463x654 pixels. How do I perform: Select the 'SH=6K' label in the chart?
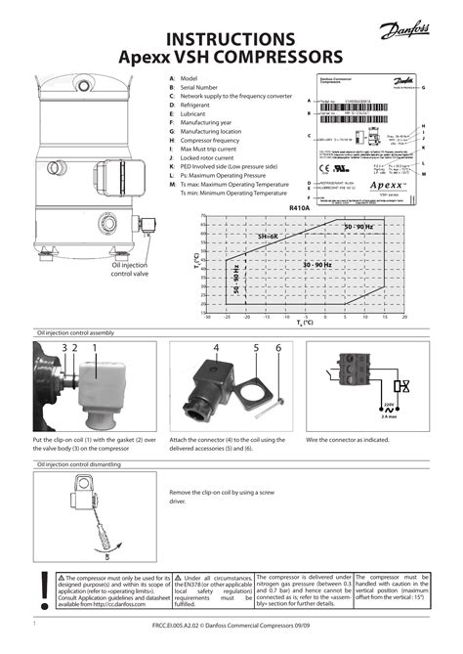click(x=268, y=238)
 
